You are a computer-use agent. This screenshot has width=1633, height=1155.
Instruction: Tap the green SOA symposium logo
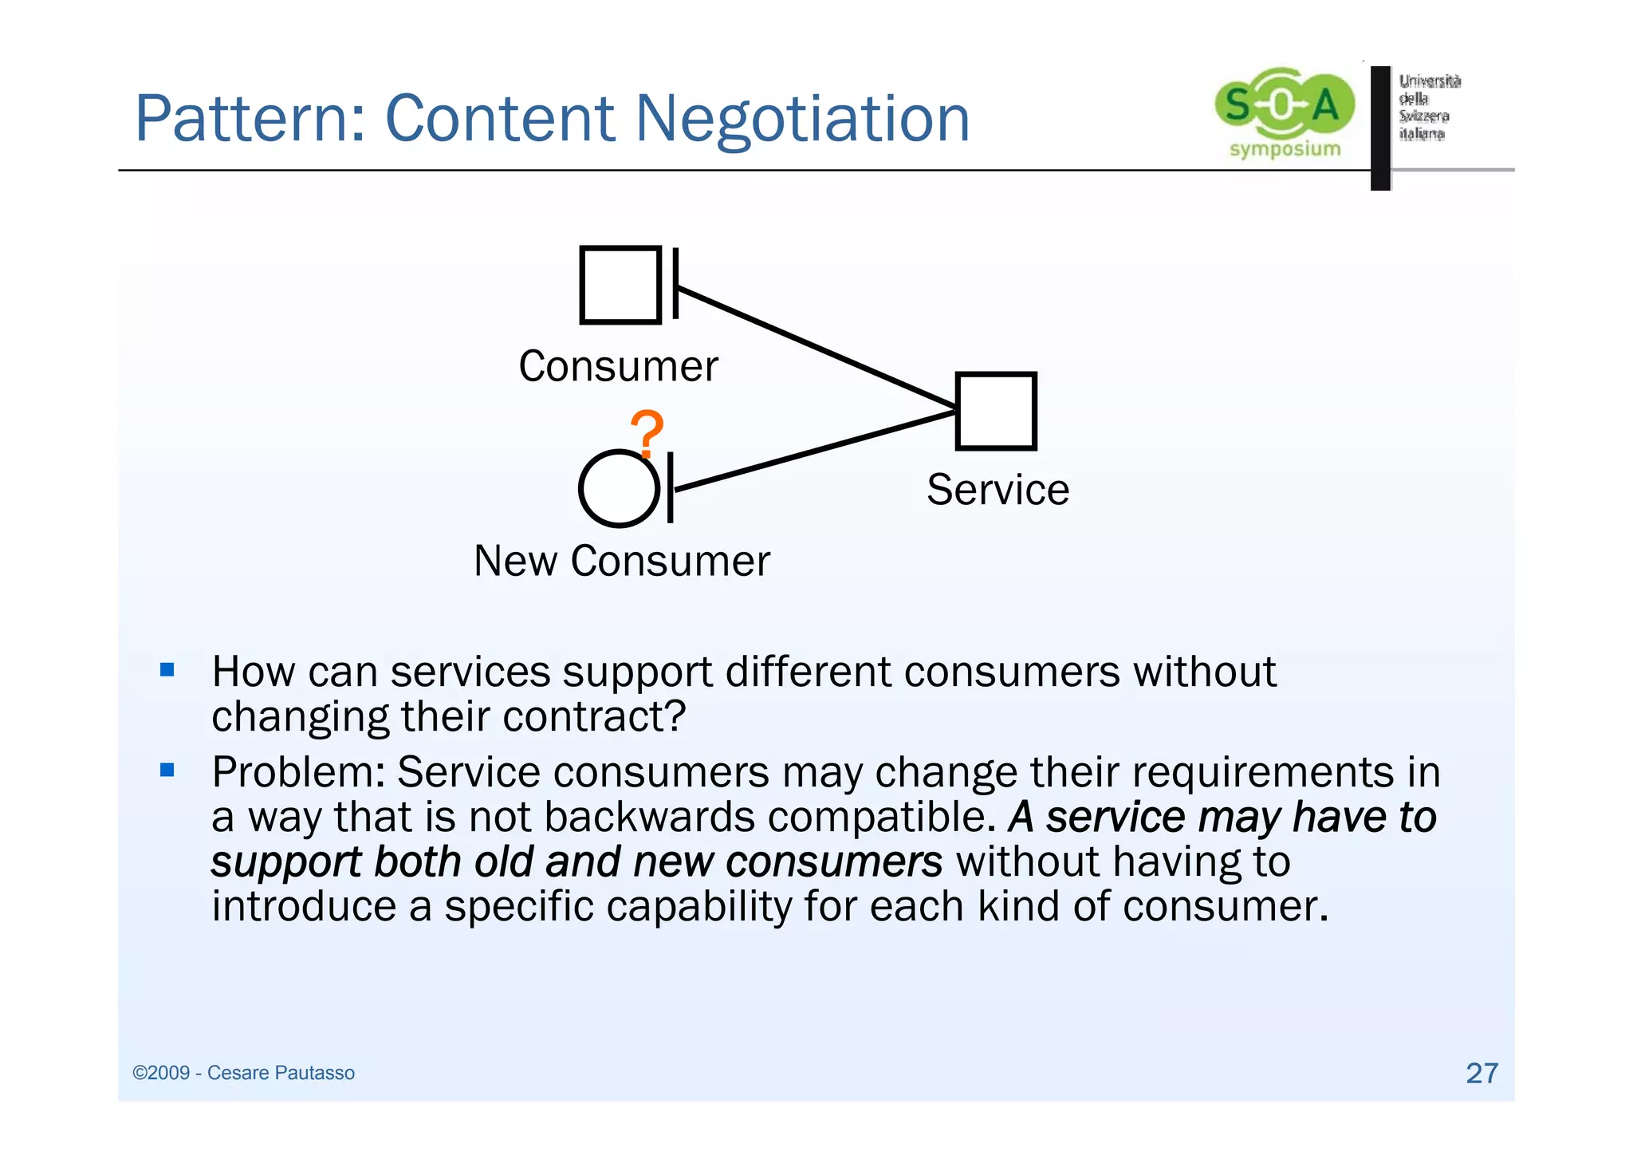click(x=1284, y=112)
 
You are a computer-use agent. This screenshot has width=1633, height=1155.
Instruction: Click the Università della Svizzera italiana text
click(x=1429, y=107)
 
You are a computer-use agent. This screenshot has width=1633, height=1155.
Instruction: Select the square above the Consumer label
click(x=620, y=285)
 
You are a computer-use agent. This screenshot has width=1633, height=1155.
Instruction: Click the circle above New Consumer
click(x=619, y=489)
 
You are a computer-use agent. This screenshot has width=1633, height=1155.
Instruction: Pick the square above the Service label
click(x=996, y=412)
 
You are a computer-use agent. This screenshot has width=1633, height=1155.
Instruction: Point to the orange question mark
click(x=647, y=433)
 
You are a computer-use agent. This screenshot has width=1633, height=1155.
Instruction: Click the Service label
click(x=998, y=490)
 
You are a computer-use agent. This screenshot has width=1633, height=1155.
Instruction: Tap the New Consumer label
click(x=622, y=561)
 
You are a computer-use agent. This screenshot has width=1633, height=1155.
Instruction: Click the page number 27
click(x=1482, y=1073)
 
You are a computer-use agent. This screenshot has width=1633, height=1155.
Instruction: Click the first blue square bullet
click(x=167, y=669)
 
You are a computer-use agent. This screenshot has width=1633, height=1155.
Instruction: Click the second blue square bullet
click(x=167, y=770)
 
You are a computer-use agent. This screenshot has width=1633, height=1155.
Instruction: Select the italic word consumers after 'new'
click(x=834, y=862)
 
